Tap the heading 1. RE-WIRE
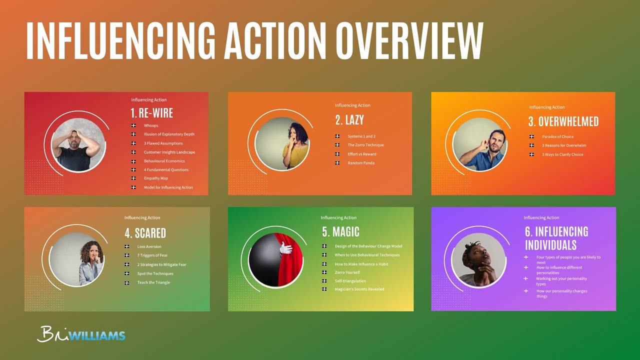coord(151,113)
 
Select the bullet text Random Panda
coord(361,163)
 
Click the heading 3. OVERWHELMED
coord(563,121)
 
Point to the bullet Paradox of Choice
coord(557,136)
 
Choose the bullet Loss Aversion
coord(149,246)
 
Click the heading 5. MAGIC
coord(340,232)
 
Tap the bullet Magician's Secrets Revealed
coord(359,289)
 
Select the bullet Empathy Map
coord(155,178)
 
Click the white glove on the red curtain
coord(285,248)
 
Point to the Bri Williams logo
coord(81,334)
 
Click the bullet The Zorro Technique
coord(366,145)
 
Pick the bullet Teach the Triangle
coord(153,282)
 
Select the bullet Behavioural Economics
coord(164,161)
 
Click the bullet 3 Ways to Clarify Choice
coord(562,154)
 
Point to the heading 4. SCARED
coord(145,233)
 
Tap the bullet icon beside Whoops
coord(133,125)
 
